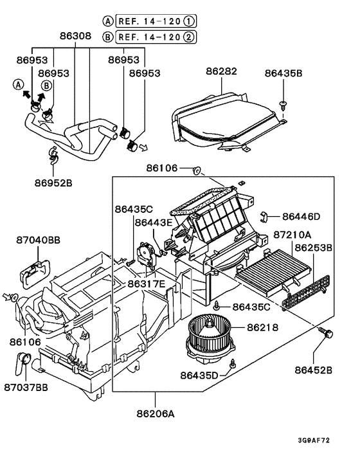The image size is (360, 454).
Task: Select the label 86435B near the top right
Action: pyautogui.click(x=283, y=73)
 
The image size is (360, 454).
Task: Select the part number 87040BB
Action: pyautogui.click(x=38, y=239)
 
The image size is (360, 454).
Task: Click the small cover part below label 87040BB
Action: pyautogui.click(x=36, y=266)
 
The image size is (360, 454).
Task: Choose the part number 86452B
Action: pyautogui.click(x=314, y=370)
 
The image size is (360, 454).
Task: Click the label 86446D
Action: pyautogui.click(x=301, y=217)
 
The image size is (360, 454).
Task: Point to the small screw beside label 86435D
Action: pyautogui.click(x=232, y=364)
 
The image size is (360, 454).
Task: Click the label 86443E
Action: pyautogui.click(x=154, y=222)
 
